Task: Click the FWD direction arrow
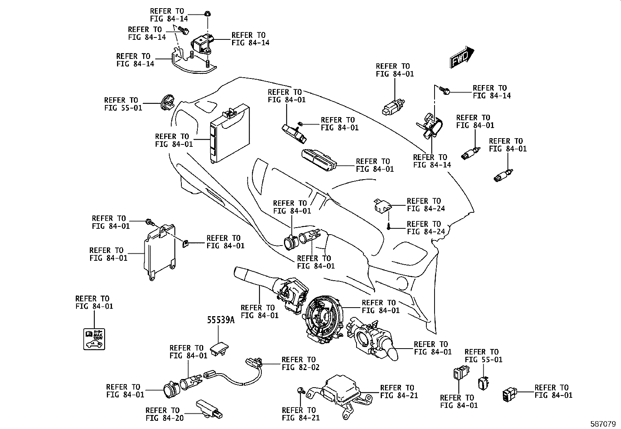click(462, 57)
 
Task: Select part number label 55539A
click(220, 320)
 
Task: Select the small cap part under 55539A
click(219, 349)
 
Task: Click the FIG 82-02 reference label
click(300, 363)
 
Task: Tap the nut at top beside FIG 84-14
click(208, 14)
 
